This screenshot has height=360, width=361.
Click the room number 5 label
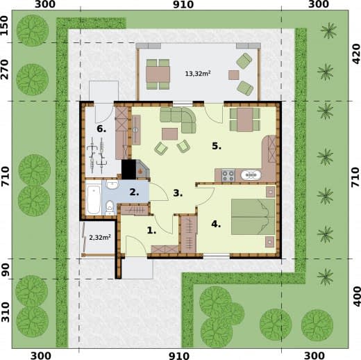(x=217, y=146)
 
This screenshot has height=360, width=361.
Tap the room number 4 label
(x=216, y=224)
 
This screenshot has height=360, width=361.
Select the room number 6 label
(x=101, y=129)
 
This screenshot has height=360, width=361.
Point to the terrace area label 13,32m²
(x=198, y=74)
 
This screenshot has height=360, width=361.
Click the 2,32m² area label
(x=100, y=238)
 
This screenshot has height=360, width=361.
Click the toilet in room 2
(x=110, y=208)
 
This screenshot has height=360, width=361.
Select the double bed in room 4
(x=253, y=217)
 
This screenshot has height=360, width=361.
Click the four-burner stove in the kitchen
(x=228, y=175)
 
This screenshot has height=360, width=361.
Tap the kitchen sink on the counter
(x=251, y=175)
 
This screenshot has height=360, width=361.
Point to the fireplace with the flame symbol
(x=142, y=169)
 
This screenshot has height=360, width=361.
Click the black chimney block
(x=128, y=170)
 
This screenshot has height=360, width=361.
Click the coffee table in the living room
(x=169, y=134)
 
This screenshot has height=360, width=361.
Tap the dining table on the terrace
(x=158, y=74)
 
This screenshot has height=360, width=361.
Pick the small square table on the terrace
(x=234, y=75)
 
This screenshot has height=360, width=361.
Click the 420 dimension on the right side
(x=356, y=54)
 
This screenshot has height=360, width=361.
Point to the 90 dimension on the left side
(x=5, y=269)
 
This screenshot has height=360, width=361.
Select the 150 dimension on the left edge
(x=5, y=25)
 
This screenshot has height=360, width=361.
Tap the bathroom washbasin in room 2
(x=112, y=185)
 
